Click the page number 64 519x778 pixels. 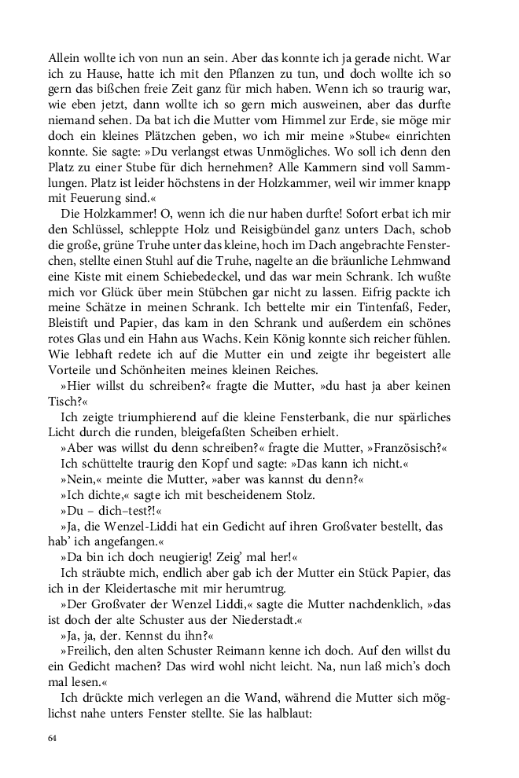[x=53, y=738]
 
